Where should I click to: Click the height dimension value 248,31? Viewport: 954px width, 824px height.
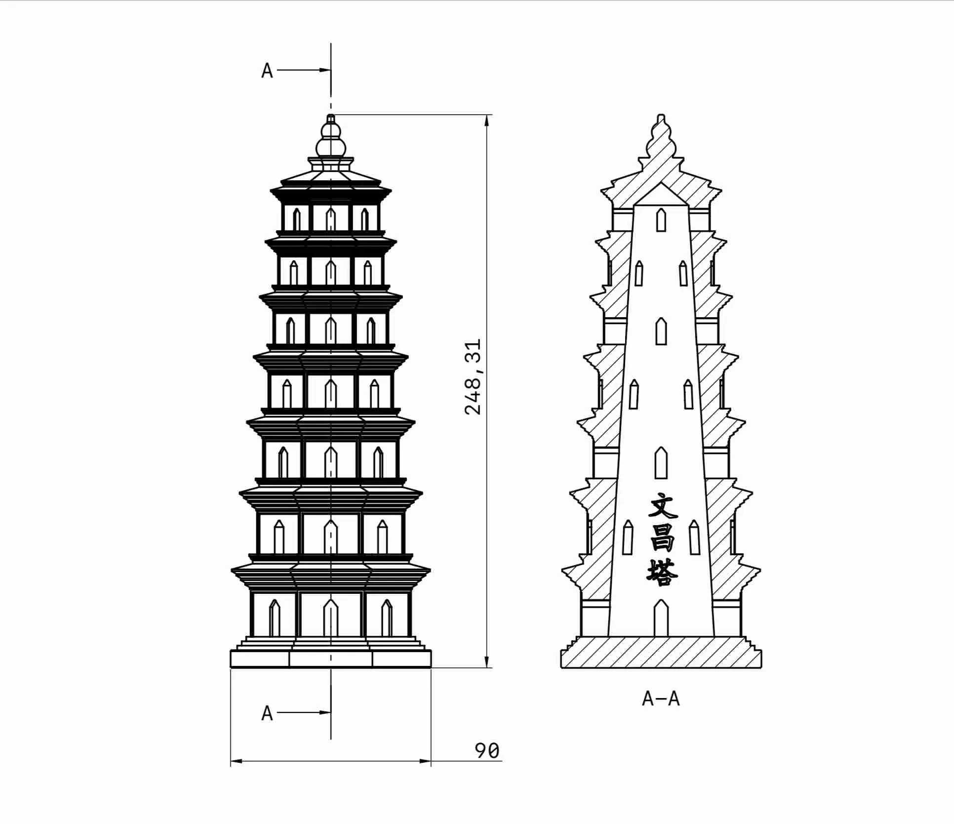click(x=473, y=377)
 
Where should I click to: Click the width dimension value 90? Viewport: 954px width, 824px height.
click(x=487, y=751)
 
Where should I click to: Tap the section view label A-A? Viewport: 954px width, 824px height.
click(x=661, y=699)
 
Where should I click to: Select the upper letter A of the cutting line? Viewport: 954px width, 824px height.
click(x=267, y=71)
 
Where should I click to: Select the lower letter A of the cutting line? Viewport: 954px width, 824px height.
click(x=267, y=713)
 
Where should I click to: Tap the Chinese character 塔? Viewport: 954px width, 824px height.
click(x=662, y=572)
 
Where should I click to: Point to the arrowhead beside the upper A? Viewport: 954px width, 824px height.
click(x=325, y=70)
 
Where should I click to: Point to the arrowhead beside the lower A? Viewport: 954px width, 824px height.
click(x=325, y=712)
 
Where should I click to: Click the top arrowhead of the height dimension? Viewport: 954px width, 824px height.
click(x=487, y=121)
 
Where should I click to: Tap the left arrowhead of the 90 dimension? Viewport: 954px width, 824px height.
click(x=237, y=761)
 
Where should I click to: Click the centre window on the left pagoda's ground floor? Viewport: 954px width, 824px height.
click(x=331, y=618)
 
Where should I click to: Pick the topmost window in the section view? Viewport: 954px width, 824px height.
click(x=661, y=220)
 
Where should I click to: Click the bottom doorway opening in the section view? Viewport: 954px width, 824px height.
click(x=661, y=618)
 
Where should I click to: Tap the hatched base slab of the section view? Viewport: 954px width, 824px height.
click(x=661, y=653)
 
